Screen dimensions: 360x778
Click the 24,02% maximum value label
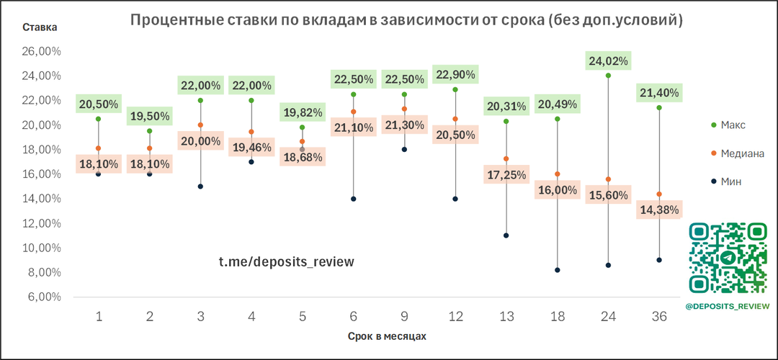click(x=608, y=61)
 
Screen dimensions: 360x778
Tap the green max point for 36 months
click(x=658, y=107)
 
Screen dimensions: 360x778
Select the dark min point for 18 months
click(x=558, y=270)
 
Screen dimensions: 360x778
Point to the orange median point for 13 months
click(x=506, y=158)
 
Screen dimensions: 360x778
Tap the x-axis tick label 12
click(x=455, y=317)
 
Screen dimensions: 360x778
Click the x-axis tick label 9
click(x=404, y=317)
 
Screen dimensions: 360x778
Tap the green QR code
click(x=728, y=258)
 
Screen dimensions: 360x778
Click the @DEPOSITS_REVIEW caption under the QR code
click(x=728, y=306)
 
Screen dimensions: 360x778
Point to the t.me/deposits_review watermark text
click(x=287, y=261)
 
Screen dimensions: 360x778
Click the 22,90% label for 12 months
click(x=455, y=74)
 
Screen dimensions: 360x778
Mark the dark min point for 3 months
click(x=200, y=186)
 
